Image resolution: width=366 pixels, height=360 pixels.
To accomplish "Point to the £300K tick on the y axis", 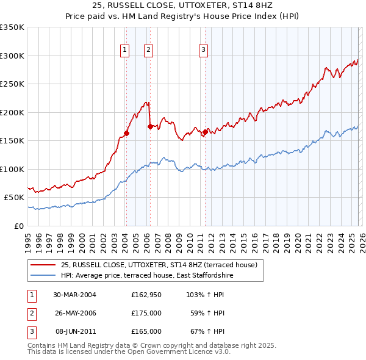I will [12, 56].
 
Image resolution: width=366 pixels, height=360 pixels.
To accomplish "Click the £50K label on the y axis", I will [14, 198].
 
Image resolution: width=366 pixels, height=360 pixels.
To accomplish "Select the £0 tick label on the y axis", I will [18, 226].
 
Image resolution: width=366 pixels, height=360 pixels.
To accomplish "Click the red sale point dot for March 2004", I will [127, 133].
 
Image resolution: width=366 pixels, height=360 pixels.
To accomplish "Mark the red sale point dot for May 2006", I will [150, 126].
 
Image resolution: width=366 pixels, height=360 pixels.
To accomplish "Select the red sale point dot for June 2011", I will [205, 132].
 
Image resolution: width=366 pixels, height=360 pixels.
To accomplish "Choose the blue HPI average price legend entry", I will [146, 276].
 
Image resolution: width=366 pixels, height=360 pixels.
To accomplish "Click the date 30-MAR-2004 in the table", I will [74, 295].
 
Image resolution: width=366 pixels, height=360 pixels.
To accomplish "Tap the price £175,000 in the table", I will [146, 313].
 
